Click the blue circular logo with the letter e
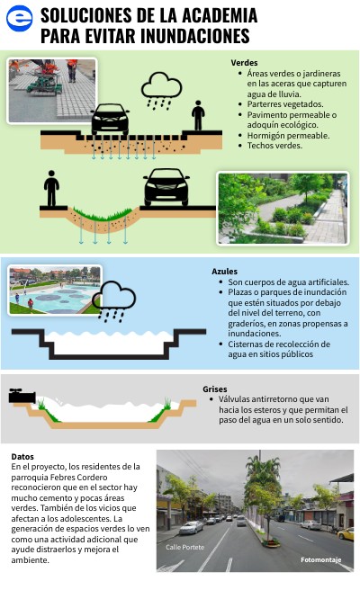[19, 18]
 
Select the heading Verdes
[244, 63]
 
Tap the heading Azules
[224, 272]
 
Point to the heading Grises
[214, 389]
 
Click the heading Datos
[22, 456]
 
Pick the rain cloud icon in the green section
[161, 91]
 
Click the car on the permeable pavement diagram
[110, 119]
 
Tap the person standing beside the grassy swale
[51, 188]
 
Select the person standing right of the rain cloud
[198, 115]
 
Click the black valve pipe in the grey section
[22, 396]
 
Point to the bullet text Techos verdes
[274, 146]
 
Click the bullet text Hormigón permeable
[288, 136]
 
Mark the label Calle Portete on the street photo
[184, 547]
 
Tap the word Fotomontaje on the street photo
[320, 560]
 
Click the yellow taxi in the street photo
[346, 533]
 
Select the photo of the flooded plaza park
[55, 291]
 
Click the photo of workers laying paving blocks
[52, 91]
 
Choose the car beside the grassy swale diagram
[166, 187]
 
